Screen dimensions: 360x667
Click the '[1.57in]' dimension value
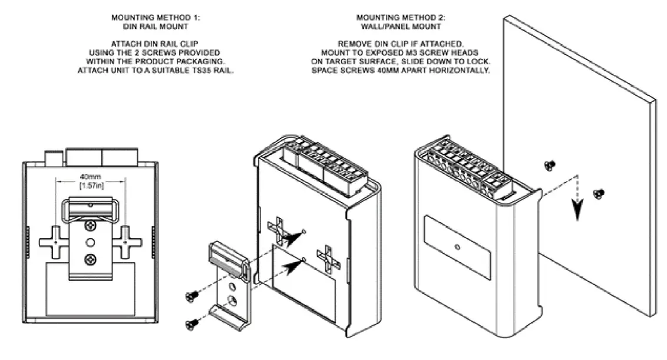[x=88, y=186]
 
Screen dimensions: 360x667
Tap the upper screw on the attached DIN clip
[x=91, y=226]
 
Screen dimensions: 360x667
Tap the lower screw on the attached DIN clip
[x=91, y=257]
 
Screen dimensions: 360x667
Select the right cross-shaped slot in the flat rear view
[x=125, y=242]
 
